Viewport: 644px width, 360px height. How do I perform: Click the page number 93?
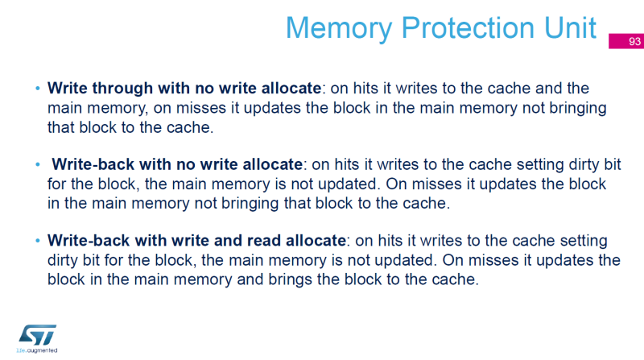[x=634, y=42]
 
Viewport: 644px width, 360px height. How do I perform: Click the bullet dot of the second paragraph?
[x=37, y=164]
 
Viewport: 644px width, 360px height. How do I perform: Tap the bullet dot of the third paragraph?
[x=37, y=241]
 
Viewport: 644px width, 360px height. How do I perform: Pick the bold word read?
[x=271, y=240]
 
